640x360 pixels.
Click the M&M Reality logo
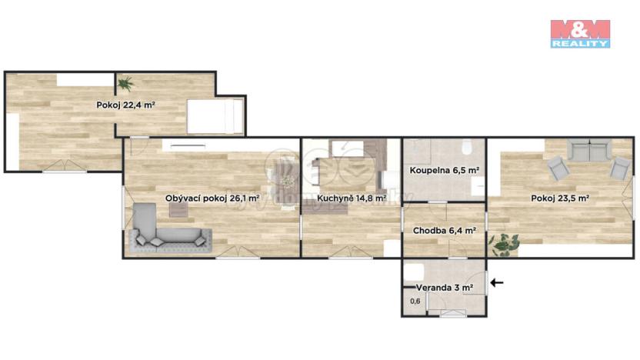[x=580, y=34]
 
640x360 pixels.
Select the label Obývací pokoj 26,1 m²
[x=212, y=198]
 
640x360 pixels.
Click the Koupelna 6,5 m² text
[x=445, y=170]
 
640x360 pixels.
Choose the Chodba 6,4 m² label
[x=444, y=230]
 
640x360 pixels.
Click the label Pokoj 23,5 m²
[x=559, y=198]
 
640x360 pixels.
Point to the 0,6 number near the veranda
[x=415, y=301]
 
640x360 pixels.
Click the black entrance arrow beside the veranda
[x=497, y=283]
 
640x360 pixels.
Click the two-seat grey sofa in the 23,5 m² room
[x=589, y=149]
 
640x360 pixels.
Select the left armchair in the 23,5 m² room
[x=556, y=167]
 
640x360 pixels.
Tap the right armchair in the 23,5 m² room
[x=619, y=166]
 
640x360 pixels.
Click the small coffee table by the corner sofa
[x=178, y=208]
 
